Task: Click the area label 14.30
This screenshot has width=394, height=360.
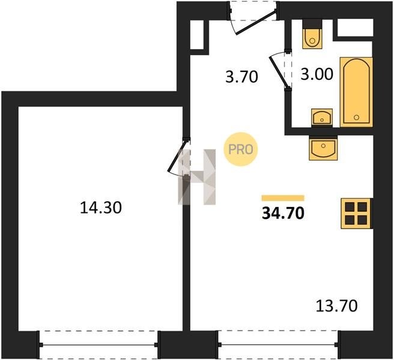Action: pos(101,208)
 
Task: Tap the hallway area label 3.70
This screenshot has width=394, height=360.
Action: pos(241,77)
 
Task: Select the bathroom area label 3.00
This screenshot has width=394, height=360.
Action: pos(317,74)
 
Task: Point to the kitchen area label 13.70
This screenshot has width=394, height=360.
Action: pos(336,306)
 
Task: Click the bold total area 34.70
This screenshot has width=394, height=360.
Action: pos(283,214)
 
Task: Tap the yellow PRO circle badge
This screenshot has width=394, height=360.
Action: pos(241,149)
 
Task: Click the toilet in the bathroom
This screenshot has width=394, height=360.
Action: pos(312,34)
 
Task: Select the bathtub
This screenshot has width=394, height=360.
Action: pos(356,92)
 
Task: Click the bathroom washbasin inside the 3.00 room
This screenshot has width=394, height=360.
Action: pos(322,117)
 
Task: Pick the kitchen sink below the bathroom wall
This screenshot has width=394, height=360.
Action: pos(323,148)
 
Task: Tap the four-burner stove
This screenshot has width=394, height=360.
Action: pos(356,214)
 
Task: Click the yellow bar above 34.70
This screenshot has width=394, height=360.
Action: pos(283,198)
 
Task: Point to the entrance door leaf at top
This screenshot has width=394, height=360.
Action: pos(256,22)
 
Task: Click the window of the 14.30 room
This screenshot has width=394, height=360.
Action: pos(98,345)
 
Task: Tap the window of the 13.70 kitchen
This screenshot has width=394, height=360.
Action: pos(278,344)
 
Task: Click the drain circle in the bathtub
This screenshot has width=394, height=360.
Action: pos(356,117)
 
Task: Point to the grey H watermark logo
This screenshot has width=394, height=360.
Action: pos(197,177)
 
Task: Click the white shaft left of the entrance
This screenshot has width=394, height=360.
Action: pos(197,35)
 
